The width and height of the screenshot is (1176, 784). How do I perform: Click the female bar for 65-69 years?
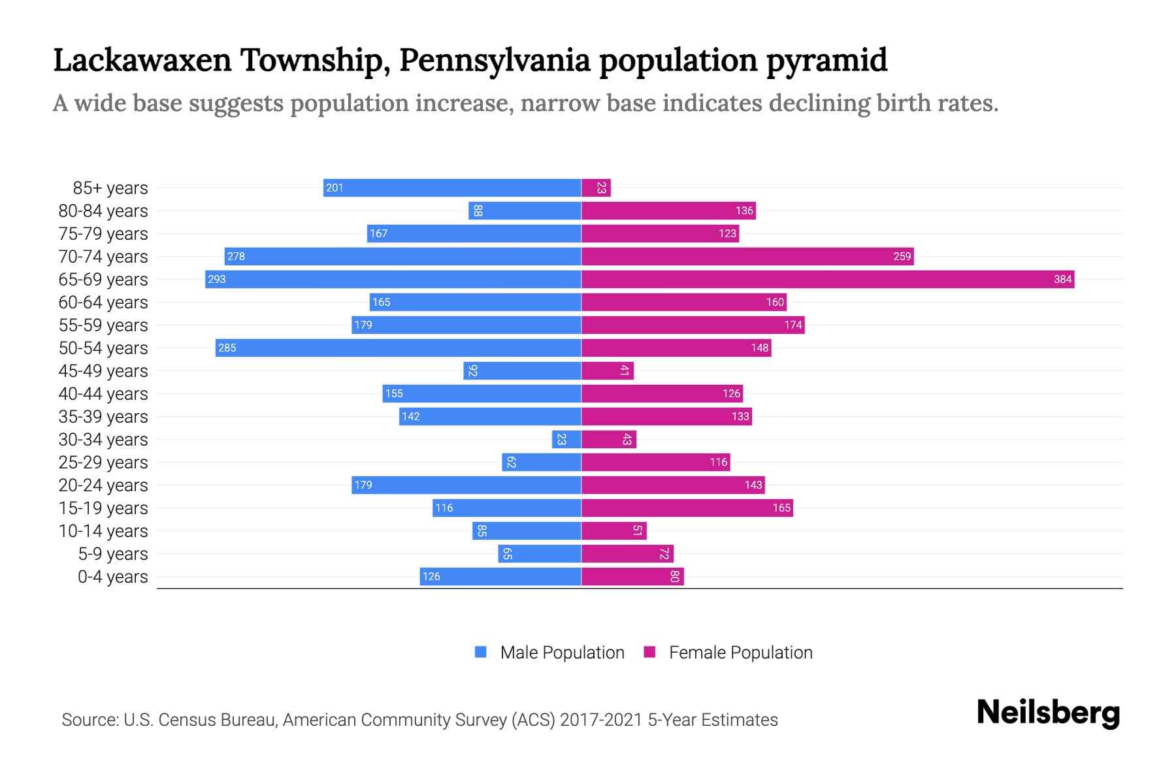pos(827,280)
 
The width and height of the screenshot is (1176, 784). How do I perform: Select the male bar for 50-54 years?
pos(399,348)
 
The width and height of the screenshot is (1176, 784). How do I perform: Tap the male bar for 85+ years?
pos(452,188)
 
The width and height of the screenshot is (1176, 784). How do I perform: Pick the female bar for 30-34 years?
pos(608,440)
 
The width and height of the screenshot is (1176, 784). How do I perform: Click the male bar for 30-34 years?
pos(566,440)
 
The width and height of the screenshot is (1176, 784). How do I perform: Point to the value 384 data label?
pos(1062,280)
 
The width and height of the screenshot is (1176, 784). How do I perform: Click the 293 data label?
pos(217,280)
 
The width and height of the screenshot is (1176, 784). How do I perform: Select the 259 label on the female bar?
pos(902,257)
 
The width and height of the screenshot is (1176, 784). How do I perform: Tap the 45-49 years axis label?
pos(103,371)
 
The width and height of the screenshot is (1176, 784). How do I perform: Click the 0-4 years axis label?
pos(112,577)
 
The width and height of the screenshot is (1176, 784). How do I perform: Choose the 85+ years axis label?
pos(110,188)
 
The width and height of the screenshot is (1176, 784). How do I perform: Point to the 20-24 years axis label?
pos(103,485)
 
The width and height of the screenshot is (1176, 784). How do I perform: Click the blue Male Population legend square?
pos(481,652)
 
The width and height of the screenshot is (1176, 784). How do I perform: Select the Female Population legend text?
pos(740,653)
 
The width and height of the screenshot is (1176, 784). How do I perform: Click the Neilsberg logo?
pos(1048,713)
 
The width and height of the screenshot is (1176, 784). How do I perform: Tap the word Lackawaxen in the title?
pos(142,60)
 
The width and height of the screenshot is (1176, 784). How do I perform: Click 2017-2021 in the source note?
pos(601,720)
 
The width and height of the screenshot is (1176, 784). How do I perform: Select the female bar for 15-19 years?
pos(687,508)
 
